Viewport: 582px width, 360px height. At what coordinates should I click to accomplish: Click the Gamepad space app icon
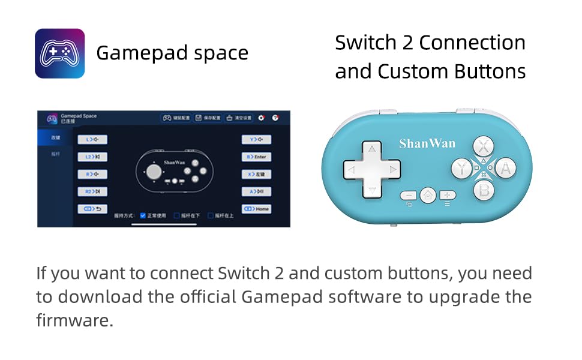pos(59,53)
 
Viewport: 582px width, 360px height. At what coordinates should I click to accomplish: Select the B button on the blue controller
pos(484,190)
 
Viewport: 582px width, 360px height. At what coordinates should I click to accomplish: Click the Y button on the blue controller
pos(461,169)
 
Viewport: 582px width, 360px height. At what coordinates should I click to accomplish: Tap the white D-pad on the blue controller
pos(372,170)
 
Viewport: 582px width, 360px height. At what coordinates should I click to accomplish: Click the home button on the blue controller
pos(428,195)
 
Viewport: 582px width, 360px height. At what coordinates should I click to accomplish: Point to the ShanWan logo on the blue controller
pos(427,143)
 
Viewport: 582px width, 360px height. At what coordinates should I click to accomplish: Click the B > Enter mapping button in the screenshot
pos(256,157)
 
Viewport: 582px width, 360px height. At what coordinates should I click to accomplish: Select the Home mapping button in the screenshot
pos(256,209)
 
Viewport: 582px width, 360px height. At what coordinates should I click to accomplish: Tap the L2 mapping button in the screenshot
pos(92,157)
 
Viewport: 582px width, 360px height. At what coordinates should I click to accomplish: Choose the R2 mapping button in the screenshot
pos(92,191)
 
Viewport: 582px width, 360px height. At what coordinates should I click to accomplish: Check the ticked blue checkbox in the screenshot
pos(143,215)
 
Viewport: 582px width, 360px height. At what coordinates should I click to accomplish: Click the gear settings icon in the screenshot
pos(262,118)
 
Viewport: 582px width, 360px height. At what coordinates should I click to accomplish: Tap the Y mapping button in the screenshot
pos(256,140)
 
